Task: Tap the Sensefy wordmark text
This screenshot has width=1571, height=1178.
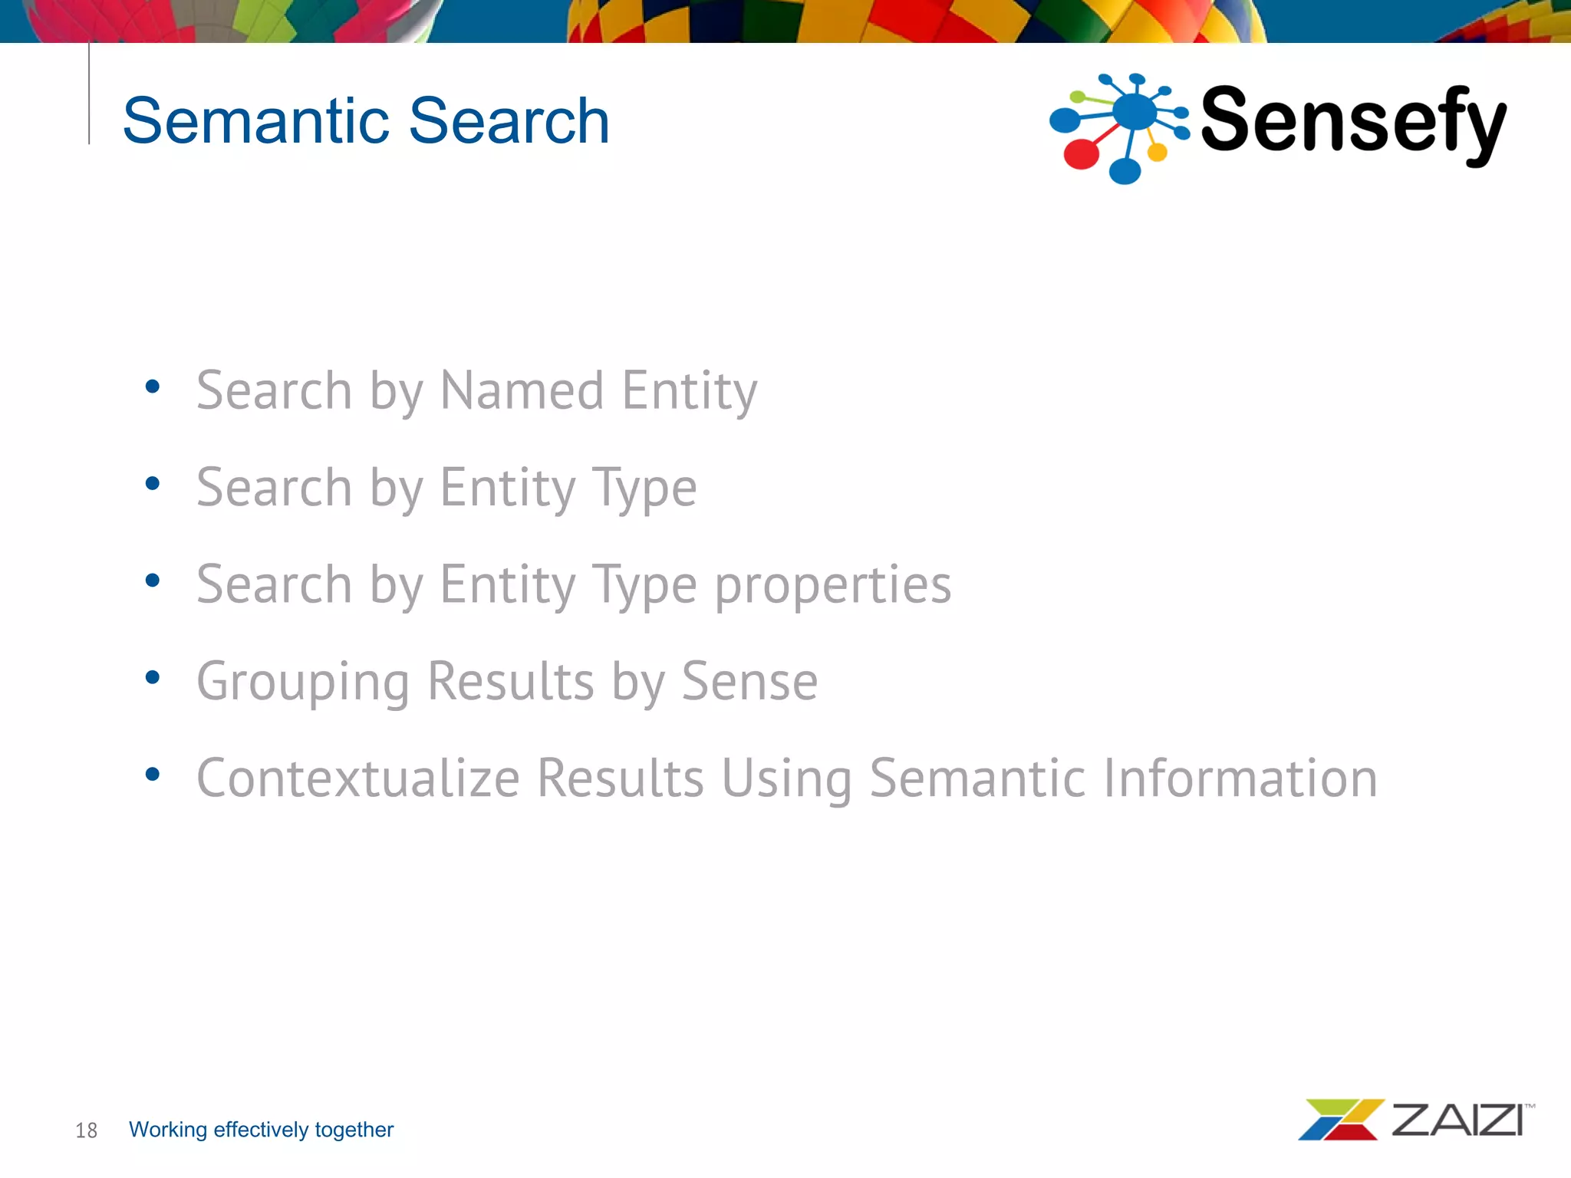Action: (x=1353, y=121)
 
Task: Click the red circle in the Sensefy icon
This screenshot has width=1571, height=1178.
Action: (x=1082, y=153)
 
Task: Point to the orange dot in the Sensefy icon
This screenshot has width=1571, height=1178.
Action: (x=1157, y=152)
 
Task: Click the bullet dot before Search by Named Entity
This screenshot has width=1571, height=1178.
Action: (x=153, y=387)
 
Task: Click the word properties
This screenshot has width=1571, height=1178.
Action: (x=833, y=585)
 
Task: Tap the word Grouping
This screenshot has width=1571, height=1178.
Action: (x=303, y=682)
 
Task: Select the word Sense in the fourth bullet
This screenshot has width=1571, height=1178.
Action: (x=749, y=682)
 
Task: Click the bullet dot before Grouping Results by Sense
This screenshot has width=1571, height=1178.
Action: (x=153, y=677)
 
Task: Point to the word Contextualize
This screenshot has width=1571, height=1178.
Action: (x=358, y=778)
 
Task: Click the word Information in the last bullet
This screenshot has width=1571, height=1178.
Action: (x=1240, y=778)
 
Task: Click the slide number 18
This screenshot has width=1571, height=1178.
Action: (x=86, y=1130)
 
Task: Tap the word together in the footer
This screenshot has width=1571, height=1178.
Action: (x=354, y=1130)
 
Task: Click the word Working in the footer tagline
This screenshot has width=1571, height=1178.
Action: (x=168, y=1130)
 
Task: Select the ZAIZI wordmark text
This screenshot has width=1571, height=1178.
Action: (x=1457, y=1120)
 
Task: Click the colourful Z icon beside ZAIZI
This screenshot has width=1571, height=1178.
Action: (x=1340, y=1120)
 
